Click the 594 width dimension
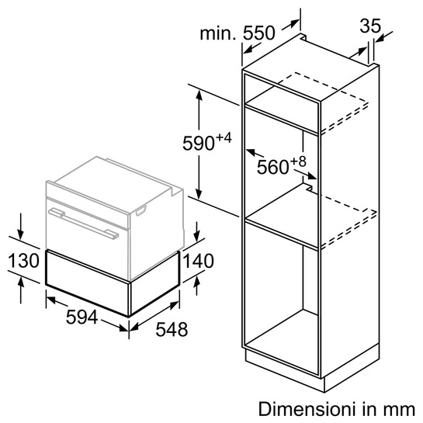pos(81,317)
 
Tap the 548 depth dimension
pos(172,329)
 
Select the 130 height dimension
pos(24,261)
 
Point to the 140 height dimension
pos(199,261)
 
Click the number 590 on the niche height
pos(199,144)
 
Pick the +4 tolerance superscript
pos(224,138)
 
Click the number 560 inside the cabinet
pos(272,167)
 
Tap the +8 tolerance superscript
pos(298,162)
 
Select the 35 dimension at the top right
pos(370,26)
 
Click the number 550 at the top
pos(259,33)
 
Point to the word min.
pos(218,33)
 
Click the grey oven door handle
pos(83,224)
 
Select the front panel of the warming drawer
pos(88,283)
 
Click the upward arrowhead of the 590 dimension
pos(199,95)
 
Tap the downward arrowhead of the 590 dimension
pos(199,194)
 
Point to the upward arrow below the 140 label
pos(197,286)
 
